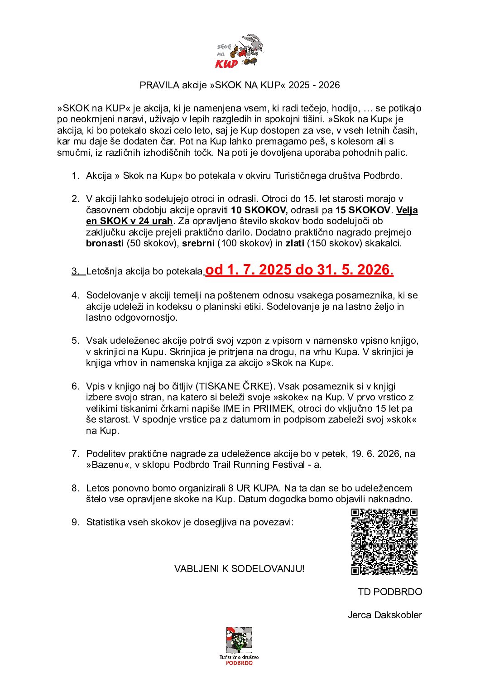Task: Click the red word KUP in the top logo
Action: pos(226,63)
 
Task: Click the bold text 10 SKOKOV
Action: pos(259,210)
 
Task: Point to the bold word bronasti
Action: pos(105,243)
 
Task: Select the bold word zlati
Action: pos(294,243)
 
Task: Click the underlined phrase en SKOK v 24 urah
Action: pos(130,221)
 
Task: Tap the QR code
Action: pos(384,542)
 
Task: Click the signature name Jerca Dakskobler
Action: pos(384,615)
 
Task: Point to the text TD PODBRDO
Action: pos(389,592)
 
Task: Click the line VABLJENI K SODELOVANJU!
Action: pos(239,569)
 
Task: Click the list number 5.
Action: pos(75,341)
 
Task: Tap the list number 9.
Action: pos(75,522)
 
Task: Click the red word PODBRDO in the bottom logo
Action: pos(239,663)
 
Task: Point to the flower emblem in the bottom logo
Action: pos(239,640)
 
